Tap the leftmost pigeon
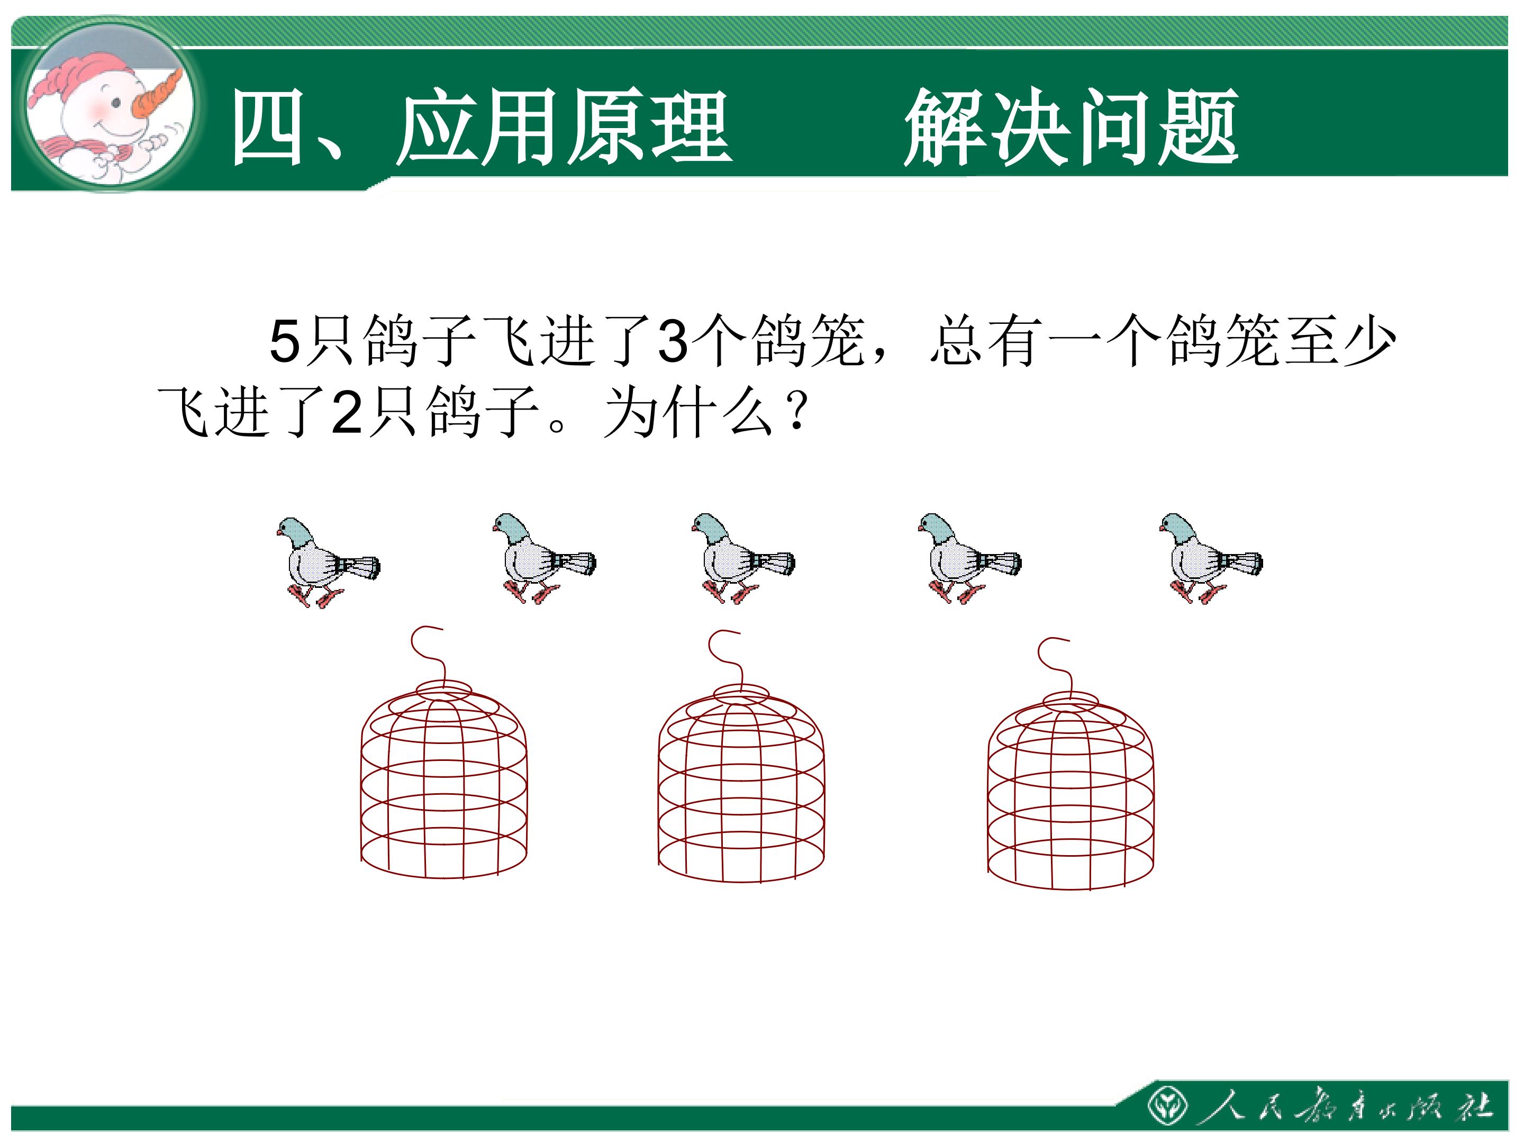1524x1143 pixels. [x=327, y=562]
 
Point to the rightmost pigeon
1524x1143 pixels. [x=1211, y=558]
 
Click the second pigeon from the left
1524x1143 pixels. [x=543, y=558]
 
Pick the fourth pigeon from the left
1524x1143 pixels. [x=969, y=558]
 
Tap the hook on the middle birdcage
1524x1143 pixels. [x=725, y=657]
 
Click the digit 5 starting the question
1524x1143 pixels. [x=285, y=340]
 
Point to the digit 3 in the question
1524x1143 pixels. [x=673, y=340]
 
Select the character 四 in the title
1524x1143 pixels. [x=268, y=128]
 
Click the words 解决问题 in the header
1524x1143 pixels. [x=1072, y=128]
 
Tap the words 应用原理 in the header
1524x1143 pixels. [x=564, y=128]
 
